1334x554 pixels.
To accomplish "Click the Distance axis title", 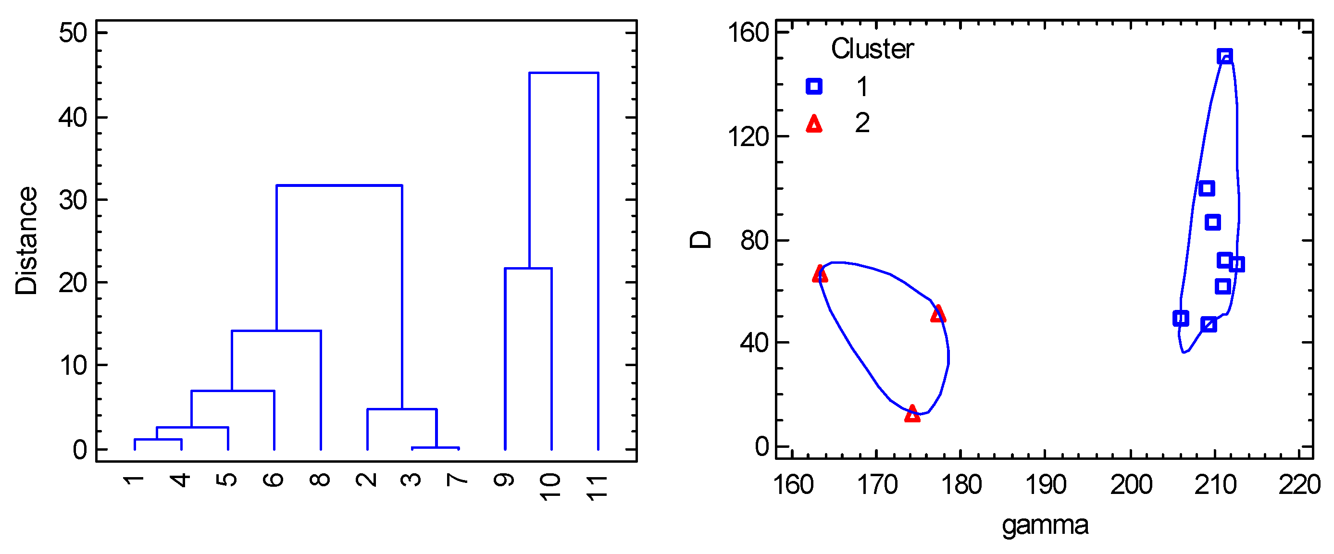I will tap(26, 241).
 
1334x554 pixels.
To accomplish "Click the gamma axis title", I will tap(1045, 525).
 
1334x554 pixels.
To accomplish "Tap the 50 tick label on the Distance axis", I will tap(73, 33).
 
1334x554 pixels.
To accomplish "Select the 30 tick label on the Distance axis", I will tap(73, 200).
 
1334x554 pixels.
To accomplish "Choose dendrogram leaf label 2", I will tap(367, 480).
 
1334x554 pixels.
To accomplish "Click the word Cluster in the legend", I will tap(872, 49).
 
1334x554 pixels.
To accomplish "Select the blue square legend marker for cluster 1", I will tap(814, 86).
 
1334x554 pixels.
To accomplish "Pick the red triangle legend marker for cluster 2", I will tap(814, 124).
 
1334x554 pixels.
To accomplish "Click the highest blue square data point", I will tap(1225, 56).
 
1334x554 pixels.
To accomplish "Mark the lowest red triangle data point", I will tap(912, 414).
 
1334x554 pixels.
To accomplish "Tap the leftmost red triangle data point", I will tap(820, 274).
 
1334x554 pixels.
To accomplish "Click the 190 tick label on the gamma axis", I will tap(1046, 485).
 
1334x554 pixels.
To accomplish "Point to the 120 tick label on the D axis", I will tap(749, 137).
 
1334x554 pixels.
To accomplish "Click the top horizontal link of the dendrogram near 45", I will tap(563, 73).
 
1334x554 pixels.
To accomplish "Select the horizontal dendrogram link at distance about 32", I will tap(339, 185).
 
